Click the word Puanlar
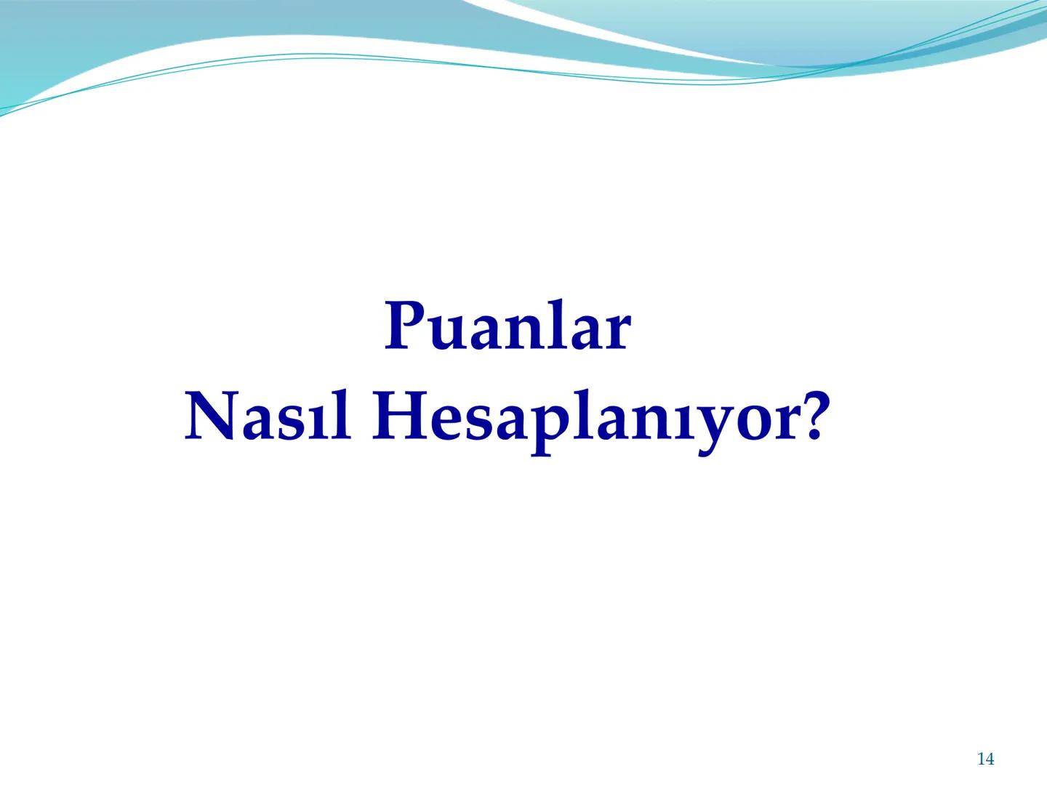click(x=508, y=327)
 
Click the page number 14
click(x=985, y=759)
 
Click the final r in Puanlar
click(x=615, y=333)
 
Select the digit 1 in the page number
click(x=980, y=759)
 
